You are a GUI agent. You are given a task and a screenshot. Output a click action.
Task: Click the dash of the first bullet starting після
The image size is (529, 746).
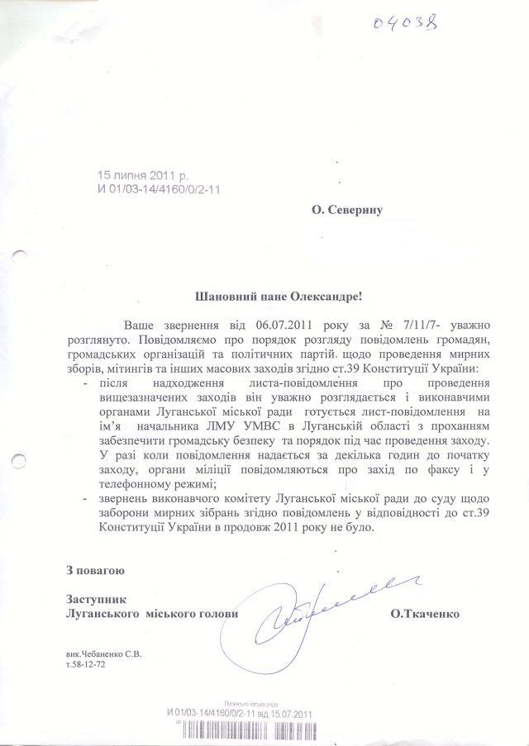tap(88, 385)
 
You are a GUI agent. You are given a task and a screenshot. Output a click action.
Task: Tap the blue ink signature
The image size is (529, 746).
tap(318, 610)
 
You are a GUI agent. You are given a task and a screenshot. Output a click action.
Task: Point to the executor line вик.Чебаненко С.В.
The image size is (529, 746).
tap(104, 653)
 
